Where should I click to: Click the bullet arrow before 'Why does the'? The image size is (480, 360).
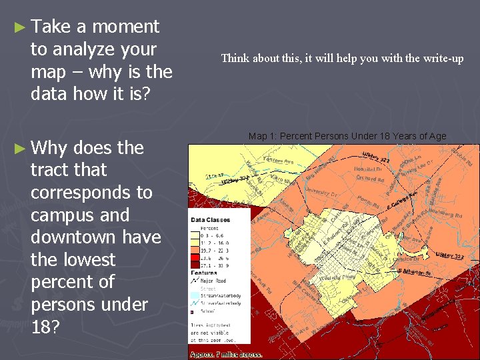click(x=19, y=148)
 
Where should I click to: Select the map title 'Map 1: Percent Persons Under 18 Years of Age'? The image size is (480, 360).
click(x=347, y=136)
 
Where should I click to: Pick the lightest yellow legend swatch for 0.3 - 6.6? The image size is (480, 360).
click(x=195, y=235)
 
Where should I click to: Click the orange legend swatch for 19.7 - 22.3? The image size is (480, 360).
click(x=195, y=249)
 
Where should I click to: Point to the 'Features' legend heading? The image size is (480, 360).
click(x=203, y=273)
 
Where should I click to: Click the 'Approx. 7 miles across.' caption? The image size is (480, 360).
click(x=226, y=355)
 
